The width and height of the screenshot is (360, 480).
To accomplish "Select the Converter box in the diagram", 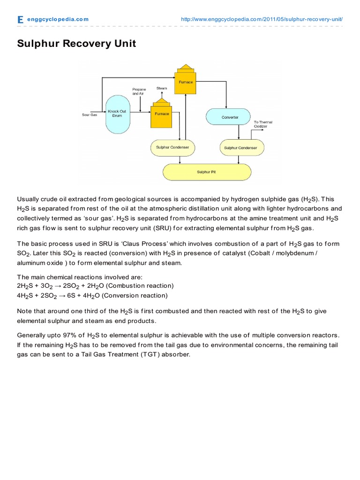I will click(x=230, y=117).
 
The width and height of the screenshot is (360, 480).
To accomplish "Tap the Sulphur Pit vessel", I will click(x=206, y=172).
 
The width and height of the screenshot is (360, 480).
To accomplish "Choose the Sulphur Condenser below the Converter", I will click(x=240, y=148).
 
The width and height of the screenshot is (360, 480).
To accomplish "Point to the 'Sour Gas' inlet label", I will click(x=90, y=115).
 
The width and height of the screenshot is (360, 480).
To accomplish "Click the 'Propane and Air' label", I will click(x=139, y=91).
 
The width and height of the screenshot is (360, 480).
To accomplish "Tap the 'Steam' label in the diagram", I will click(x=162, y=88).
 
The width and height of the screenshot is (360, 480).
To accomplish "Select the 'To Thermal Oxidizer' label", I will click(x=262, y=124).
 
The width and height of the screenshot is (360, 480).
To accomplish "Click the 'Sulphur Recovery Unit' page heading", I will click(x=76, y=44).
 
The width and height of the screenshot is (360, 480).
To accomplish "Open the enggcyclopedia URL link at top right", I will click(x=262, y=19).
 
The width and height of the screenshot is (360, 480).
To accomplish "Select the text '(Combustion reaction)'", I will click(x=140, y=285).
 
